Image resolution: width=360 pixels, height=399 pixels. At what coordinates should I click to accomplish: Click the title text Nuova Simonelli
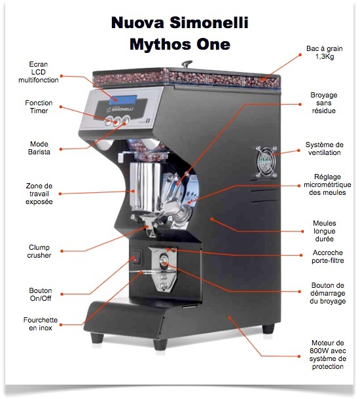180,23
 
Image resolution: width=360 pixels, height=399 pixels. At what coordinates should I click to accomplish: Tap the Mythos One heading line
180,44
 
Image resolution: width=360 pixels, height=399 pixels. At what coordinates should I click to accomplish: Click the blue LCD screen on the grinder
123,99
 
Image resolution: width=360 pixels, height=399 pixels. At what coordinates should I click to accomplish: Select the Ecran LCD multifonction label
39,72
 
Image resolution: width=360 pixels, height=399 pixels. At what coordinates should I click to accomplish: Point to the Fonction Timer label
39,107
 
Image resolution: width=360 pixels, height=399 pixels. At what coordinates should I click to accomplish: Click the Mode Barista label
39,148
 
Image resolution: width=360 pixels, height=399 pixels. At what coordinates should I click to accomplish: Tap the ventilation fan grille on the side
266,162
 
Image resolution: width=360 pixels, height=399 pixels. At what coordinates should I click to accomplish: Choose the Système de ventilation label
325,148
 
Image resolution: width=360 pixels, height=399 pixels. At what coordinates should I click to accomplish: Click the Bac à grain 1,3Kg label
325,52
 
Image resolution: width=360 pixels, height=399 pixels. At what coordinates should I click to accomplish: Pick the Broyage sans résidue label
323,103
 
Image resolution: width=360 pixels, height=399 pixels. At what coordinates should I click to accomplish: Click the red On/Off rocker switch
136,257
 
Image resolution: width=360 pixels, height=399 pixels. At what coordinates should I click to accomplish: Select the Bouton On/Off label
41,294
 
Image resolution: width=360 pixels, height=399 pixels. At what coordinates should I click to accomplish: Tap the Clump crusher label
39,251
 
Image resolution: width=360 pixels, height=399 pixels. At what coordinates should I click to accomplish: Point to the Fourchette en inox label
41,324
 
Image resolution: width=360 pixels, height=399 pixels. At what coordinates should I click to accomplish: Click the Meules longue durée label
325,231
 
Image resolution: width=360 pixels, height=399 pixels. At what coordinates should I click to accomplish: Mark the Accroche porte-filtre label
328,256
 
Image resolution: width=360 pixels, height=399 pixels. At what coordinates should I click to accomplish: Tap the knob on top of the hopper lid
187,63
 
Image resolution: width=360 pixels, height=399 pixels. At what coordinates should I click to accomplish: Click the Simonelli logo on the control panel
120,109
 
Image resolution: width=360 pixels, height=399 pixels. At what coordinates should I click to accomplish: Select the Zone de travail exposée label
39,194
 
